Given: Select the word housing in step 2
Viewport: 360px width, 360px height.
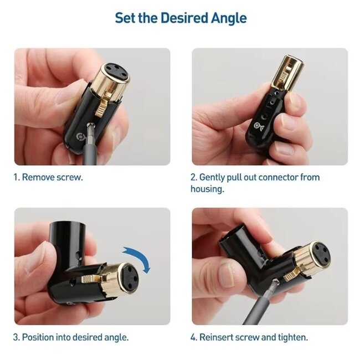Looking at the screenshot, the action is click(207, 189).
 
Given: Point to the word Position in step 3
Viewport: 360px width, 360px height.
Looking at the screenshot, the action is click(38, 337).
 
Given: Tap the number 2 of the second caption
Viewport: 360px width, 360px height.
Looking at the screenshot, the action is click(193, 177).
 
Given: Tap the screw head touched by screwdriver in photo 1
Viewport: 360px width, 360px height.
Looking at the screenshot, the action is click(90, 125).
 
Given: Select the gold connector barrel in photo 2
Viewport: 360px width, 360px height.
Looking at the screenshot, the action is click(287, 73).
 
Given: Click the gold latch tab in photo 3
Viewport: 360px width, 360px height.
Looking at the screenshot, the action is click(92, 279).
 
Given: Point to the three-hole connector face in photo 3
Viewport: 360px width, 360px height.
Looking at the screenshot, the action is click(129, 278).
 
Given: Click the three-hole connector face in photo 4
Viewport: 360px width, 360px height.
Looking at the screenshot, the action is click(322, 253).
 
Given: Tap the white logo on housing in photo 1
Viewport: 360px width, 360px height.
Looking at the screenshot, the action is click(81, 137).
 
